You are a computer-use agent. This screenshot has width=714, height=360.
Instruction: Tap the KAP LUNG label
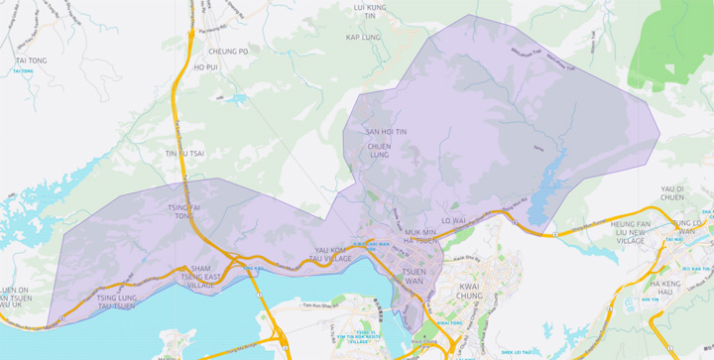coord(363,37)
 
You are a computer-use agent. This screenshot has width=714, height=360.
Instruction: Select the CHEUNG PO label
coord(229,51)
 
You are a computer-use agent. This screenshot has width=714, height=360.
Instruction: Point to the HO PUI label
coord(205,67)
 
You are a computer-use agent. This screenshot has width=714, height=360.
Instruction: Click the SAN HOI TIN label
coord(386,131)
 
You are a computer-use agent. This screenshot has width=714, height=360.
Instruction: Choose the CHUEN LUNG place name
coord(380,150)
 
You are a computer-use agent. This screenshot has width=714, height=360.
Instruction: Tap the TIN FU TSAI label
coord(184,154)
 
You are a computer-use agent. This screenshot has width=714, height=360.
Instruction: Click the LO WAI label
coord(453,220)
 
